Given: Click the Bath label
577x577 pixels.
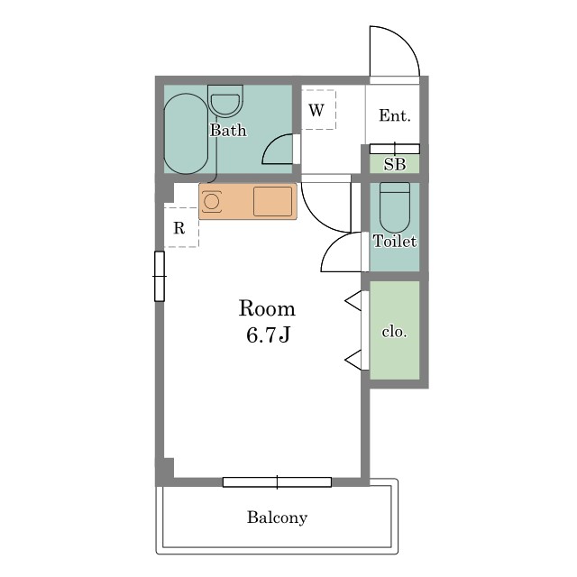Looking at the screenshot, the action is (228, 130).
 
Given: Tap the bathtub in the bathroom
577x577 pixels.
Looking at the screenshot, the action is (187, 133).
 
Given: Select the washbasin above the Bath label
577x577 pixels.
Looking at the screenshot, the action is (225, 101).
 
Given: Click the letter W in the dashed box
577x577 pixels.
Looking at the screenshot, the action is (316, 110).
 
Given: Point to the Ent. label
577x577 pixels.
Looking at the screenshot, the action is (395, 115).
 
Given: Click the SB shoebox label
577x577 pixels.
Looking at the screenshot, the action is (395, 164).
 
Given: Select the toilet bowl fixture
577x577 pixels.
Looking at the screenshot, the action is (395, 207).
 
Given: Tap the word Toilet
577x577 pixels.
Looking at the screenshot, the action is (395, 241).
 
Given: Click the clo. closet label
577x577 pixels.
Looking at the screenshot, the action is (394, 332).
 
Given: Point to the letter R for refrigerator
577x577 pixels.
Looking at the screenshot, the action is (179, 228).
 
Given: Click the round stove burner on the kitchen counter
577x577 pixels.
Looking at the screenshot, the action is (212, 202).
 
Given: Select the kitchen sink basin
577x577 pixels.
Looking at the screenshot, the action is (272, 201).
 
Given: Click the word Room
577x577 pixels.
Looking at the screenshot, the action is (267, 308).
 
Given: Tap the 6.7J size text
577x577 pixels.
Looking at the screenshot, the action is (269, 334).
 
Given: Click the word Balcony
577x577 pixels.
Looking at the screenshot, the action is (277, 517).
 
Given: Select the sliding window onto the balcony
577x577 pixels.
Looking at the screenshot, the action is (277, 482).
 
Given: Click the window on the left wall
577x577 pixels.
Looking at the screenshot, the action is (160, 276).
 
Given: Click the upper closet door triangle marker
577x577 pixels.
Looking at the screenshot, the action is (353, 300).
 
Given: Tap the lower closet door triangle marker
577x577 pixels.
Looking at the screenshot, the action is (353, 360).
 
